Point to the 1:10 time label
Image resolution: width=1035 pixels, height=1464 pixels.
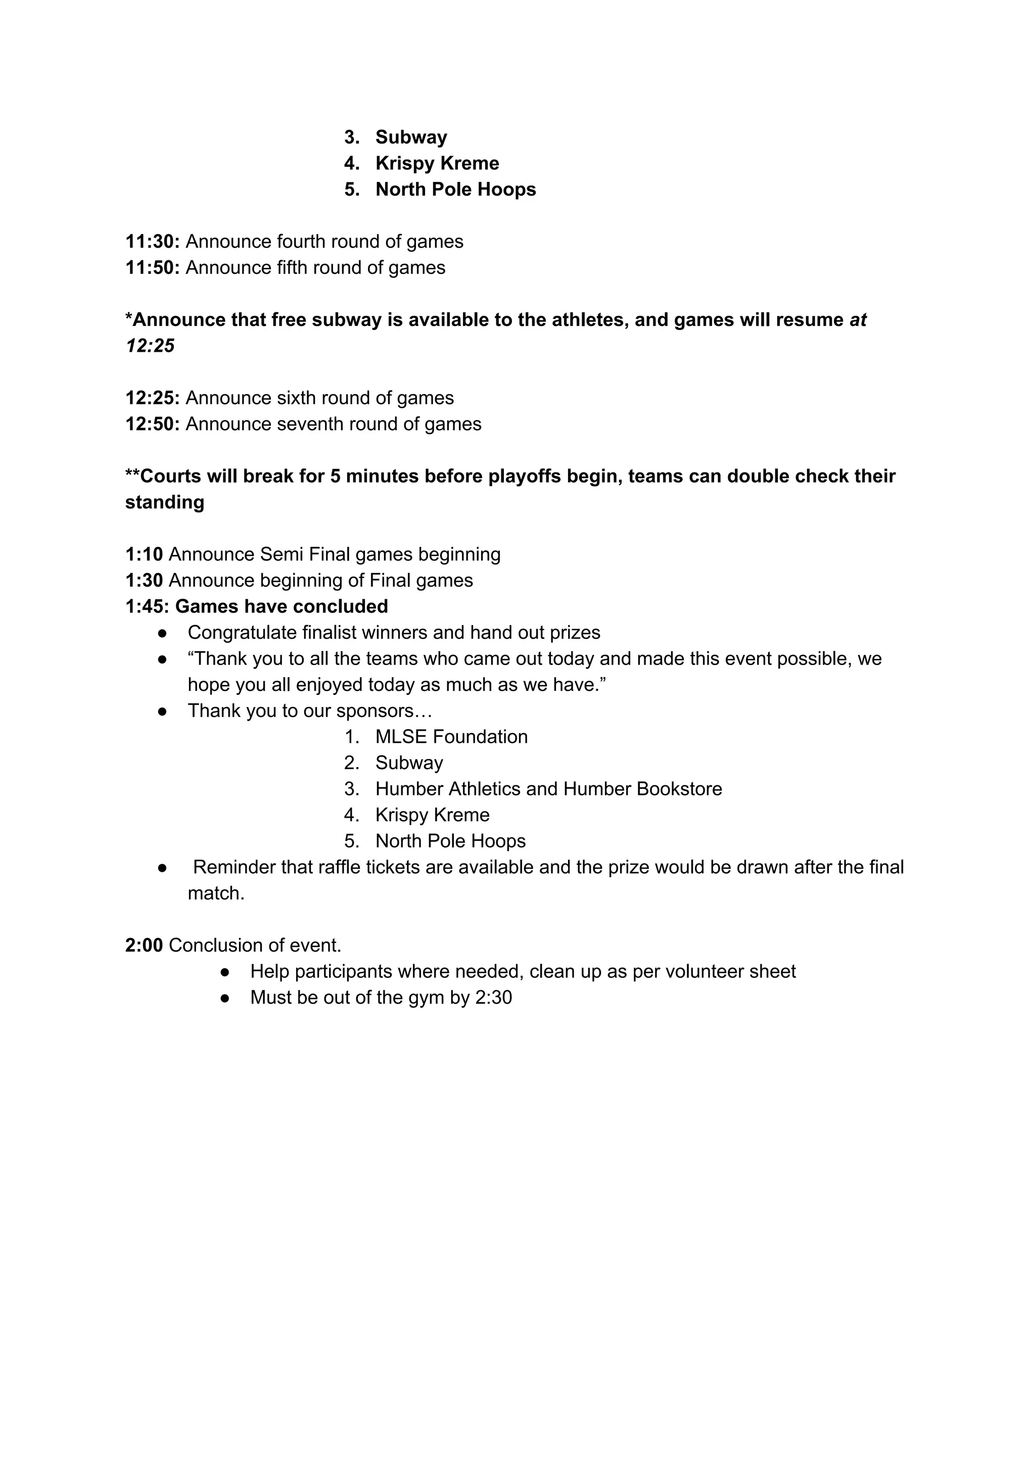(144, 554)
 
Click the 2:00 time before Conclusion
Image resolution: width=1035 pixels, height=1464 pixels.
(144, 945)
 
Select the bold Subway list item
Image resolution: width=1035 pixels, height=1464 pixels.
(411, 137)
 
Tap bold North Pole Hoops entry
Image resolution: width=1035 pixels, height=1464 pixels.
(455, 190)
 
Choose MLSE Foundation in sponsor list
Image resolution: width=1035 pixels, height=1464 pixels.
(451, 737)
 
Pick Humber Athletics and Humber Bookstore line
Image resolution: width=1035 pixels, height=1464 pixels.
(548, 789)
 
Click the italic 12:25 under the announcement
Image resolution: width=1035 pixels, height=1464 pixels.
(150, 346)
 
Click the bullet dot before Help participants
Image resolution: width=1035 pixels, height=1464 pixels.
(224, 972)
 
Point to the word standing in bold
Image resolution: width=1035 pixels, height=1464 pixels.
(165, 502)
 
